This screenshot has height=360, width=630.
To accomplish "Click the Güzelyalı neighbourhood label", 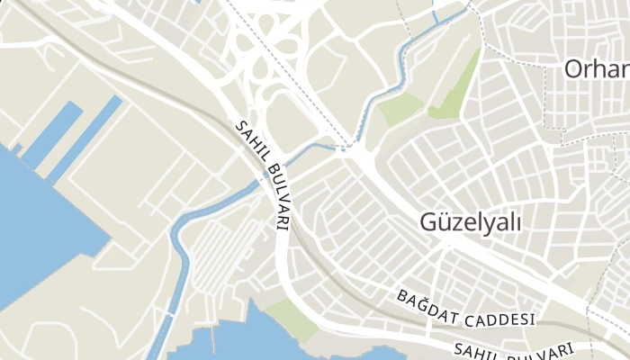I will coord(471,222).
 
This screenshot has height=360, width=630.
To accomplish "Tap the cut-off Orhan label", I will coord(597,68).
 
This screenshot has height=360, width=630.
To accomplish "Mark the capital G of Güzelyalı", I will coord(429,221).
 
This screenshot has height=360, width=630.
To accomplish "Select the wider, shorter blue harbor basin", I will coord(53,134).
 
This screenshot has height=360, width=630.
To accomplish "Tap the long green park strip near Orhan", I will coord(459,85).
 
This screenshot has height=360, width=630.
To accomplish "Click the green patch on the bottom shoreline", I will coord(290,317).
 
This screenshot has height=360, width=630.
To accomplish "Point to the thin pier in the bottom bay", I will coord(213,337).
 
